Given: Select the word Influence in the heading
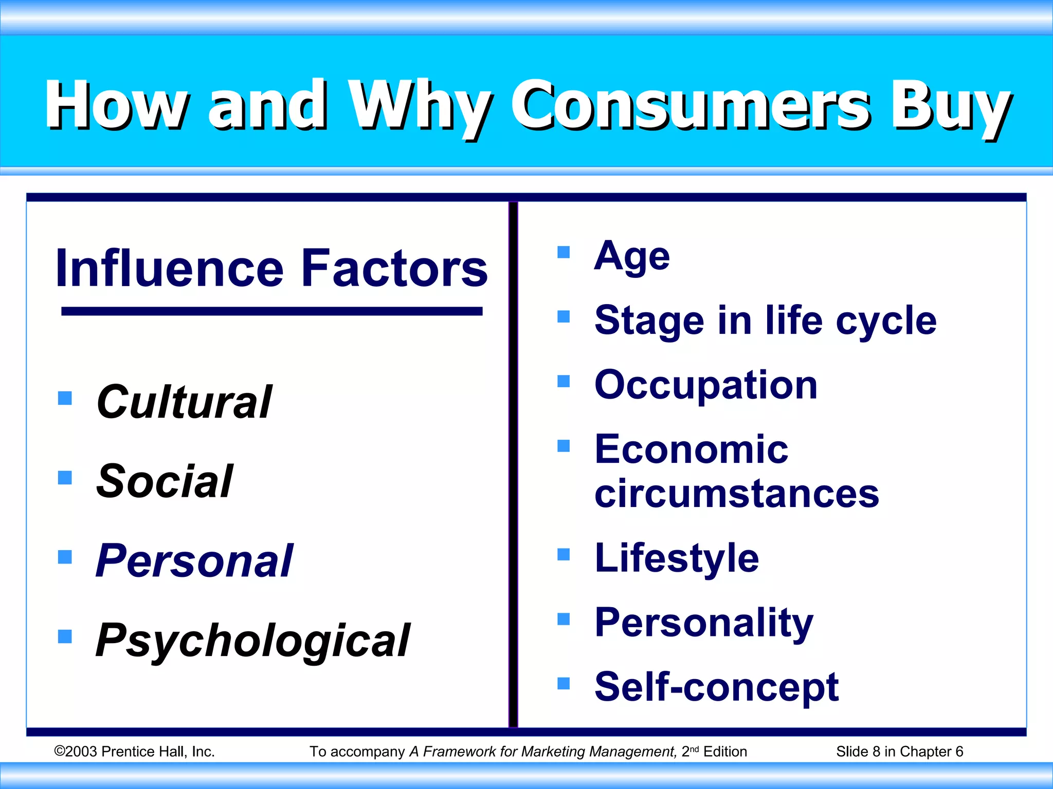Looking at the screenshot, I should click(170, 268).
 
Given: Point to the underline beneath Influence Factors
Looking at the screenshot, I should click(271, 311).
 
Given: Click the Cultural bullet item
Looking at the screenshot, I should click(184, 402).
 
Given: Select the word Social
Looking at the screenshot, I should click(165, 481).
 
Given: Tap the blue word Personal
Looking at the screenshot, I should click(194, 561).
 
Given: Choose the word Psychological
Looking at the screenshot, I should click(253, 641).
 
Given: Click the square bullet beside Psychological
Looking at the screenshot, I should click(65, 636).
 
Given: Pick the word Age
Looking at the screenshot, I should click(632, 257).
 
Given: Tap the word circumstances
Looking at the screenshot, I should click(736, 494).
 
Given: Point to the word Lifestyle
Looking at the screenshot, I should click(676, 558).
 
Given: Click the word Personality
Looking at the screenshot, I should click(703, 623).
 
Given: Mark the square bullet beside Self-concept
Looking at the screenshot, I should click(564, 683).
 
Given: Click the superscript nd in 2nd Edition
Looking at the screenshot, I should click(694, 749).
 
